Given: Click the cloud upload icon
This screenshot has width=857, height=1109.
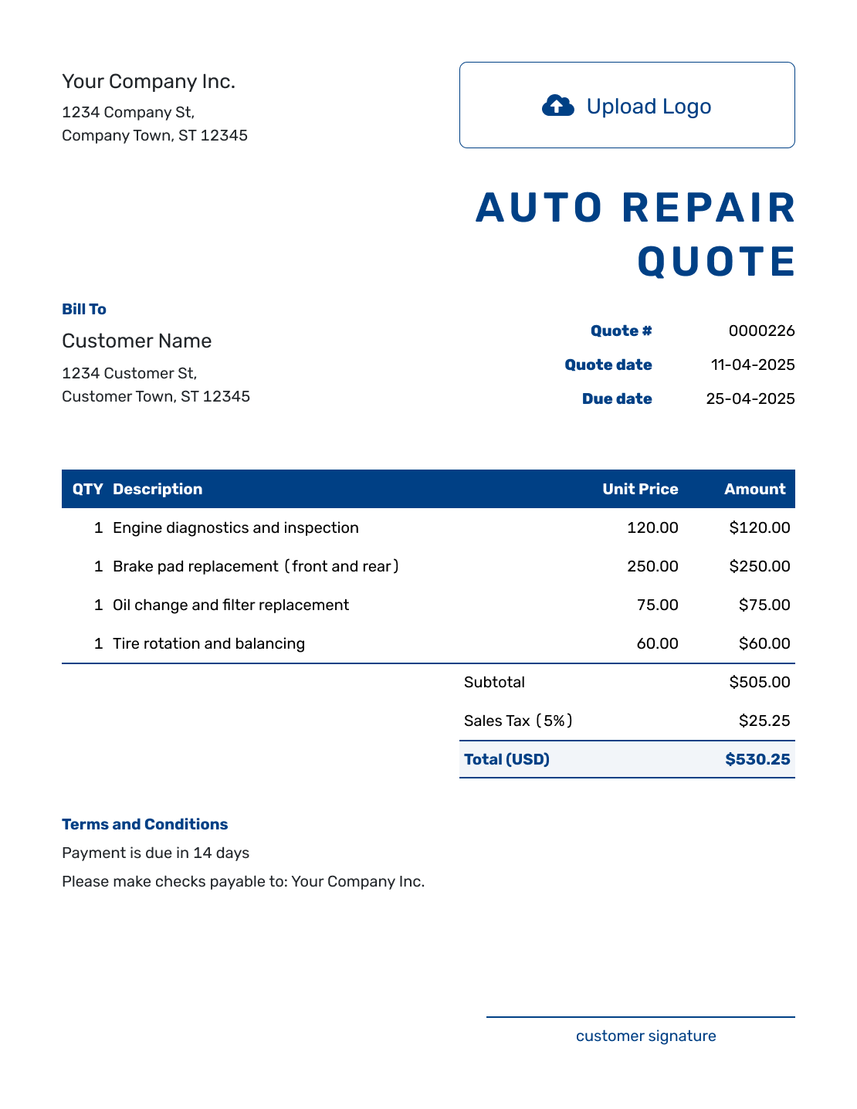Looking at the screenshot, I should [x=557, y=106].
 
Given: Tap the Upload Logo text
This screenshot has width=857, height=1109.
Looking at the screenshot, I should [x=649, y=107].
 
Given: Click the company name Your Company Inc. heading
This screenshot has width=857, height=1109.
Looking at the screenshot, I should [x=148, y=82].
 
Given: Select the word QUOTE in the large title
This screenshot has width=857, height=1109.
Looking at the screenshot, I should [x=716, y=262].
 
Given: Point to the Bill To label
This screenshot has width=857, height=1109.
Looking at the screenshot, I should [x=84, y=309].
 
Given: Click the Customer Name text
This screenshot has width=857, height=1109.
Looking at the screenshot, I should [x=137, y=341].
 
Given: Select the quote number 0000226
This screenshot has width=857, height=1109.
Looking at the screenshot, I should [x=761, y=331].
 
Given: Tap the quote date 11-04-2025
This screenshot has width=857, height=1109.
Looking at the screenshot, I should [x=753, y=365].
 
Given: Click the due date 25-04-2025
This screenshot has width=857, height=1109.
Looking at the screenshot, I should [x=750, y=398].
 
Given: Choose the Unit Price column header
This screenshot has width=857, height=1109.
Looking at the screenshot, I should [x=640, y=489].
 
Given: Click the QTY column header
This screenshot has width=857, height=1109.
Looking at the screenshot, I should [x=88, y=489].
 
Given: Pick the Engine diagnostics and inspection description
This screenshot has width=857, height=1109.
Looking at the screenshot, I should [x=235, y=527].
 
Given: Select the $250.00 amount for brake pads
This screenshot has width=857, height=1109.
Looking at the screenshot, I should [x=759, y=566].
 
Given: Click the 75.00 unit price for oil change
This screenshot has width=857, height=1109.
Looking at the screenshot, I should [x=657, y=605].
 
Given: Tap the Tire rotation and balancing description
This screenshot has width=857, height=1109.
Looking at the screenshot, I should [x=208, y=643].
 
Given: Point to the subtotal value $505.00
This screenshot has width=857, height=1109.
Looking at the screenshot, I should [x=759, y=682].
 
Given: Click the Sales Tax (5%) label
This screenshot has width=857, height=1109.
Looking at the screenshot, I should [x=518, y=721].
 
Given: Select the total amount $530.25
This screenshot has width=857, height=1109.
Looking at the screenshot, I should [x=757, y=759].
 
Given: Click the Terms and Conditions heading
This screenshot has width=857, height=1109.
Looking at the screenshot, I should [x=144, y=824].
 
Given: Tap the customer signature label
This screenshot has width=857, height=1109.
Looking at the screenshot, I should [x=645, y=1036].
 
